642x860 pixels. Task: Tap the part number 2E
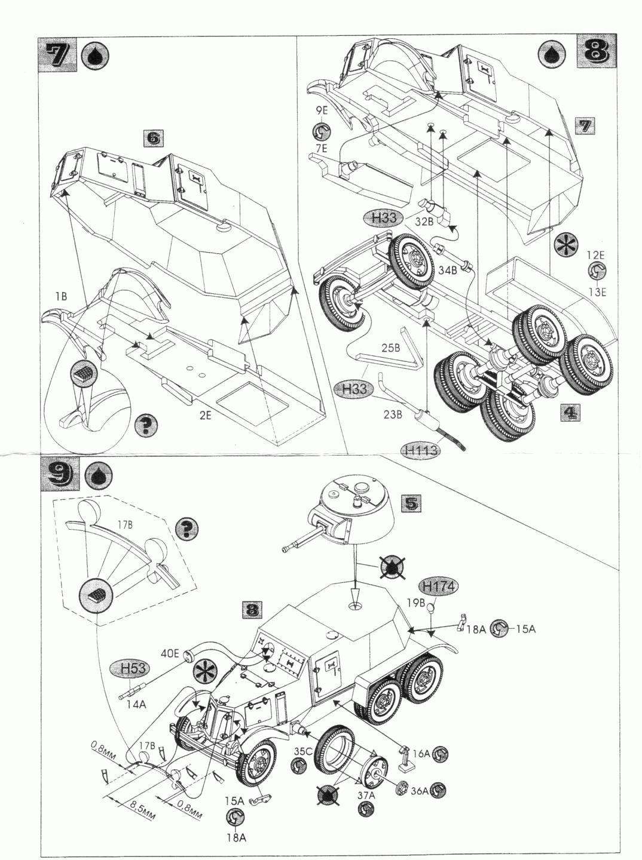(x=205, y=414)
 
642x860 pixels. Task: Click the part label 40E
(x=170, y=654)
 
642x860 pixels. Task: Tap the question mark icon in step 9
(x=188, y=527)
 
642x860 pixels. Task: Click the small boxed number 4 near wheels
(x=570, y=413)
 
